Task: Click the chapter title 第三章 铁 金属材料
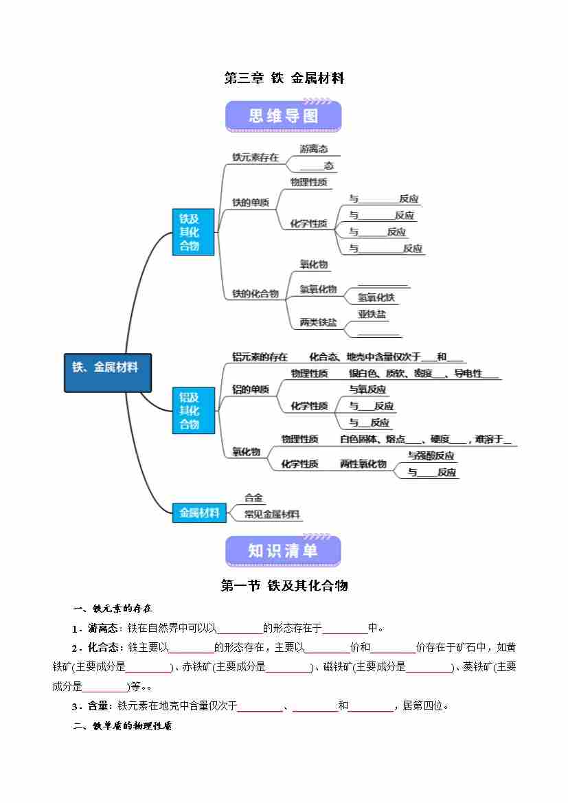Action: click(284, 78)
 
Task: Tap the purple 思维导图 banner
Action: click(284, 116)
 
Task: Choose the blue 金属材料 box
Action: click(199, 512)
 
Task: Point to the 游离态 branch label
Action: click(313, 149)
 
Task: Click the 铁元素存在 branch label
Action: click(255, 157)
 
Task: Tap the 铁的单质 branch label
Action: click(250, 203)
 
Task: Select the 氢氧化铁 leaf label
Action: click(376, 297)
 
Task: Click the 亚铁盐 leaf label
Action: click(372, 315)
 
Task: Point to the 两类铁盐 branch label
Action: click(318, 322)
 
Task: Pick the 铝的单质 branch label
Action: click(250, 389)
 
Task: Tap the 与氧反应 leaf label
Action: click(367, 389)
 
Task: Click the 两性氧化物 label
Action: click(363, 464)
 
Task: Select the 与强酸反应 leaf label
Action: click(431, 455)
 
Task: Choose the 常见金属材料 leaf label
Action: click(272, 514)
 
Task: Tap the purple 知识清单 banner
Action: click(284, 551)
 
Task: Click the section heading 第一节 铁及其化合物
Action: click(284, 585)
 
